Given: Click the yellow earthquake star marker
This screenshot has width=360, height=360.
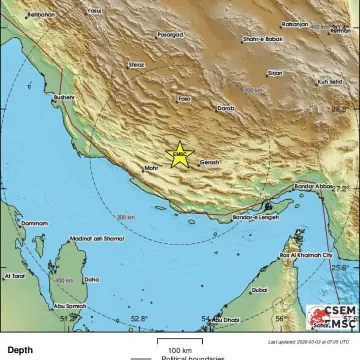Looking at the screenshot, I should (179, 154).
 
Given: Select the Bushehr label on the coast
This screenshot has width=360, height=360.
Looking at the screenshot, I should (64, 96).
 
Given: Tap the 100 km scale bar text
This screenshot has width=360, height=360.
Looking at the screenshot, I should (180, 349).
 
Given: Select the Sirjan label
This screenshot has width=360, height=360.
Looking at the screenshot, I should (275, 72).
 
